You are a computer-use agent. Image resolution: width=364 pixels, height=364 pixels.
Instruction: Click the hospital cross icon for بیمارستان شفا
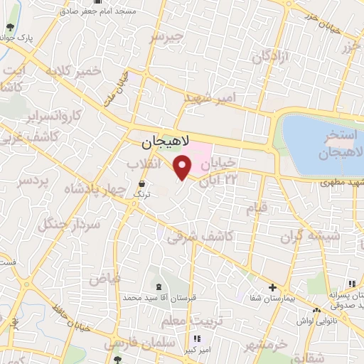tap(272, 288)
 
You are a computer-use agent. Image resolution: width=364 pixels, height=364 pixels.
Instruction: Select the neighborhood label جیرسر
tap(173, 36)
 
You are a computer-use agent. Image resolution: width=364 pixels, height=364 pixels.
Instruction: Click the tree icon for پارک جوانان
tap(9, 28)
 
